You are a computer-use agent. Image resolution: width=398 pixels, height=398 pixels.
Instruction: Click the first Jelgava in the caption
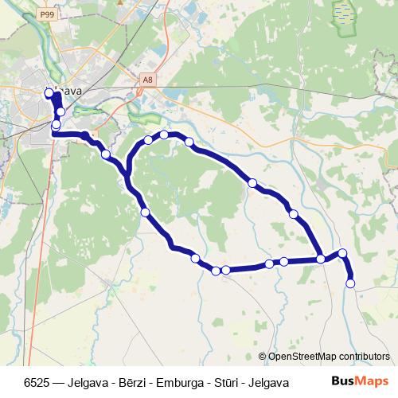point(80,382)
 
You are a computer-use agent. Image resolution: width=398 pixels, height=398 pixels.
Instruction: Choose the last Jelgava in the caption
point(267,382)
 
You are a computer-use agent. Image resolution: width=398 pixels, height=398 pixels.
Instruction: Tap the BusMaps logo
point(359,382)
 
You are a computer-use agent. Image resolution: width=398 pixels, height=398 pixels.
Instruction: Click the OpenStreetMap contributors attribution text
point(330,357)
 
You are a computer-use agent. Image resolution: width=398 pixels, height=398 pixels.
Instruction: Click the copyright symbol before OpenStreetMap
point(263,357)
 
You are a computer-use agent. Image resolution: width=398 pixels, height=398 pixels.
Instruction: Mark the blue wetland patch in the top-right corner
point(342,13)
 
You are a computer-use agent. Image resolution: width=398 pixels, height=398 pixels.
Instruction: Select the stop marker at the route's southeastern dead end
point(350,283)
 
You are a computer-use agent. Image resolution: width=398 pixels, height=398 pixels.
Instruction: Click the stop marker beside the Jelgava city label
point(49,93)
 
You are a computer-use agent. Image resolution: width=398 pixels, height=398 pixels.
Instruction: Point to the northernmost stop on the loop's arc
point(164,135)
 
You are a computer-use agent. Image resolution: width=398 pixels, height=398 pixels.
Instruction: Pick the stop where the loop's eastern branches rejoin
point(321,259)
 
